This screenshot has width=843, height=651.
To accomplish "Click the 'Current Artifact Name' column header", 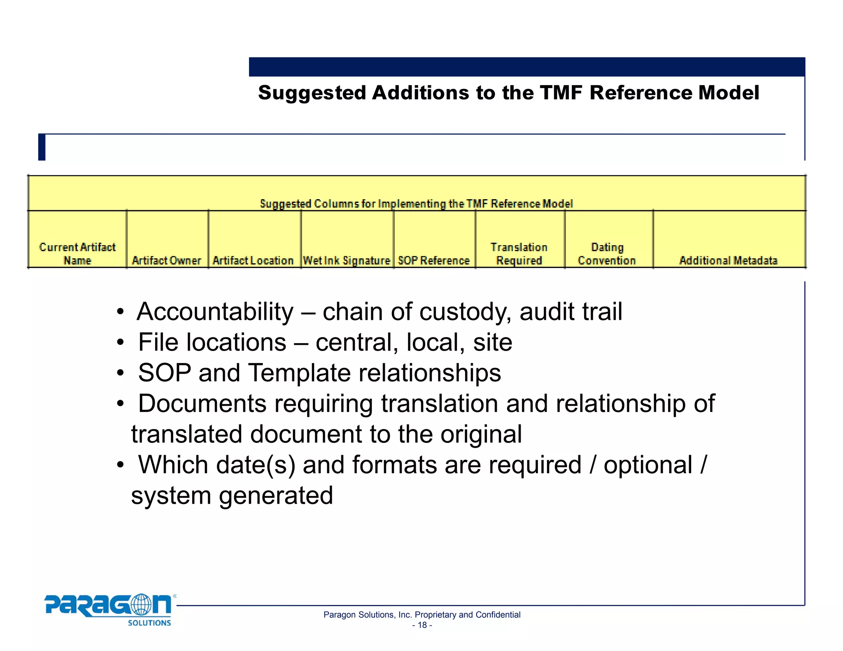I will (77, 253).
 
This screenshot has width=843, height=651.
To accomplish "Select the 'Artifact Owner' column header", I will (167, 260).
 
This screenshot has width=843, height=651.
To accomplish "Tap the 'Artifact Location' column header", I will (253, 260).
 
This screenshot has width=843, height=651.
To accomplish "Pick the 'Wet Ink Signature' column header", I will (347, 260).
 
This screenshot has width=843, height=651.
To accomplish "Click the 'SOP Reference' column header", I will (434, 260).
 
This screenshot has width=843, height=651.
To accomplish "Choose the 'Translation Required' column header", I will (519, 253).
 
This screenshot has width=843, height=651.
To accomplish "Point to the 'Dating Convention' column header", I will (607, 253).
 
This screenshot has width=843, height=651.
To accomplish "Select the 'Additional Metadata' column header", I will (728, 260).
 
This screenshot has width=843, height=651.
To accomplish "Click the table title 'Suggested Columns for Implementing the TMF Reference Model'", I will (416, 204).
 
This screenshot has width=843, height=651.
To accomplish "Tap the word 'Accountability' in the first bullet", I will (215, 312).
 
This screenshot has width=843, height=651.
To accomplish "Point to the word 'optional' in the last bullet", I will (648, 465).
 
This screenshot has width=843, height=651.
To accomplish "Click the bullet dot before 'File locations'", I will (120, 342).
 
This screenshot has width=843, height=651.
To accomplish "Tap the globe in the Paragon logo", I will (140, 605).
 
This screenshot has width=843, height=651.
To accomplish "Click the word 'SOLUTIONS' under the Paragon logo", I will (149, 623).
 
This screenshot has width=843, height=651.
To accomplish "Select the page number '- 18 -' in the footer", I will (422, 625).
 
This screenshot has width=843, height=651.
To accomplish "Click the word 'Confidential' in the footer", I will (498, 615).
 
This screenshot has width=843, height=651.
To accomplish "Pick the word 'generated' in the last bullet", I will (276, 495).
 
